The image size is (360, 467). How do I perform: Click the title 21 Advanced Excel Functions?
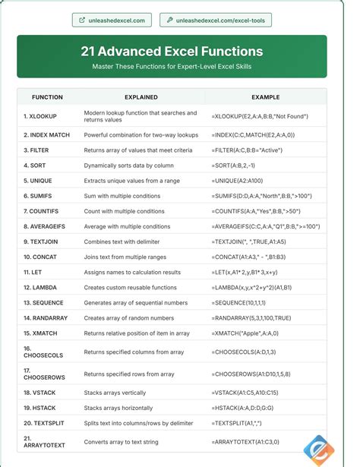tap(172, 52)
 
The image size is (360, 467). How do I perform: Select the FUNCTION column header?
tap(47, 97)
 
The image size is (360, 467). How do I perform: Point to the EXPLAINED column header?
tap(142, 97)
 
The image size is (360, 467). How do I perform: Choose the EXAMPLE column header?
tap(265, 97)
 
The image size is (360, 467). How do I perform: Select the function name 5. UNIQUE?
tap(39, 181)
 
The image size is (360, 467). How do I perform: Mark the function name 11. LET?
tap(34, 272)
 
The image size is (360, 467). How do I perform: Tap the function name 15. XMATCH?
tap(43, 333)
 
